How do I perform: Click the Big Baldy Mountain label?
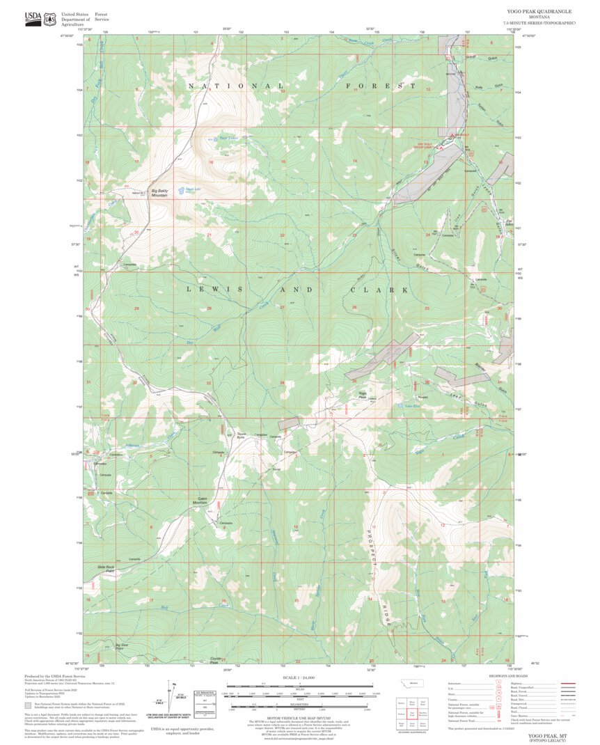coord(160,193)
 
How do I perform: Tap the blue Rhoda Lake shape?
coord(189,189)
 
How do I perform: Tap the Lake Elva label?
coord(412,405)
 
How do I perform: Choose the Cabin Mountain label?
coord(203,501)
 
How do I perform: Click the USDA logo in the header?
coord(33,19)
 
